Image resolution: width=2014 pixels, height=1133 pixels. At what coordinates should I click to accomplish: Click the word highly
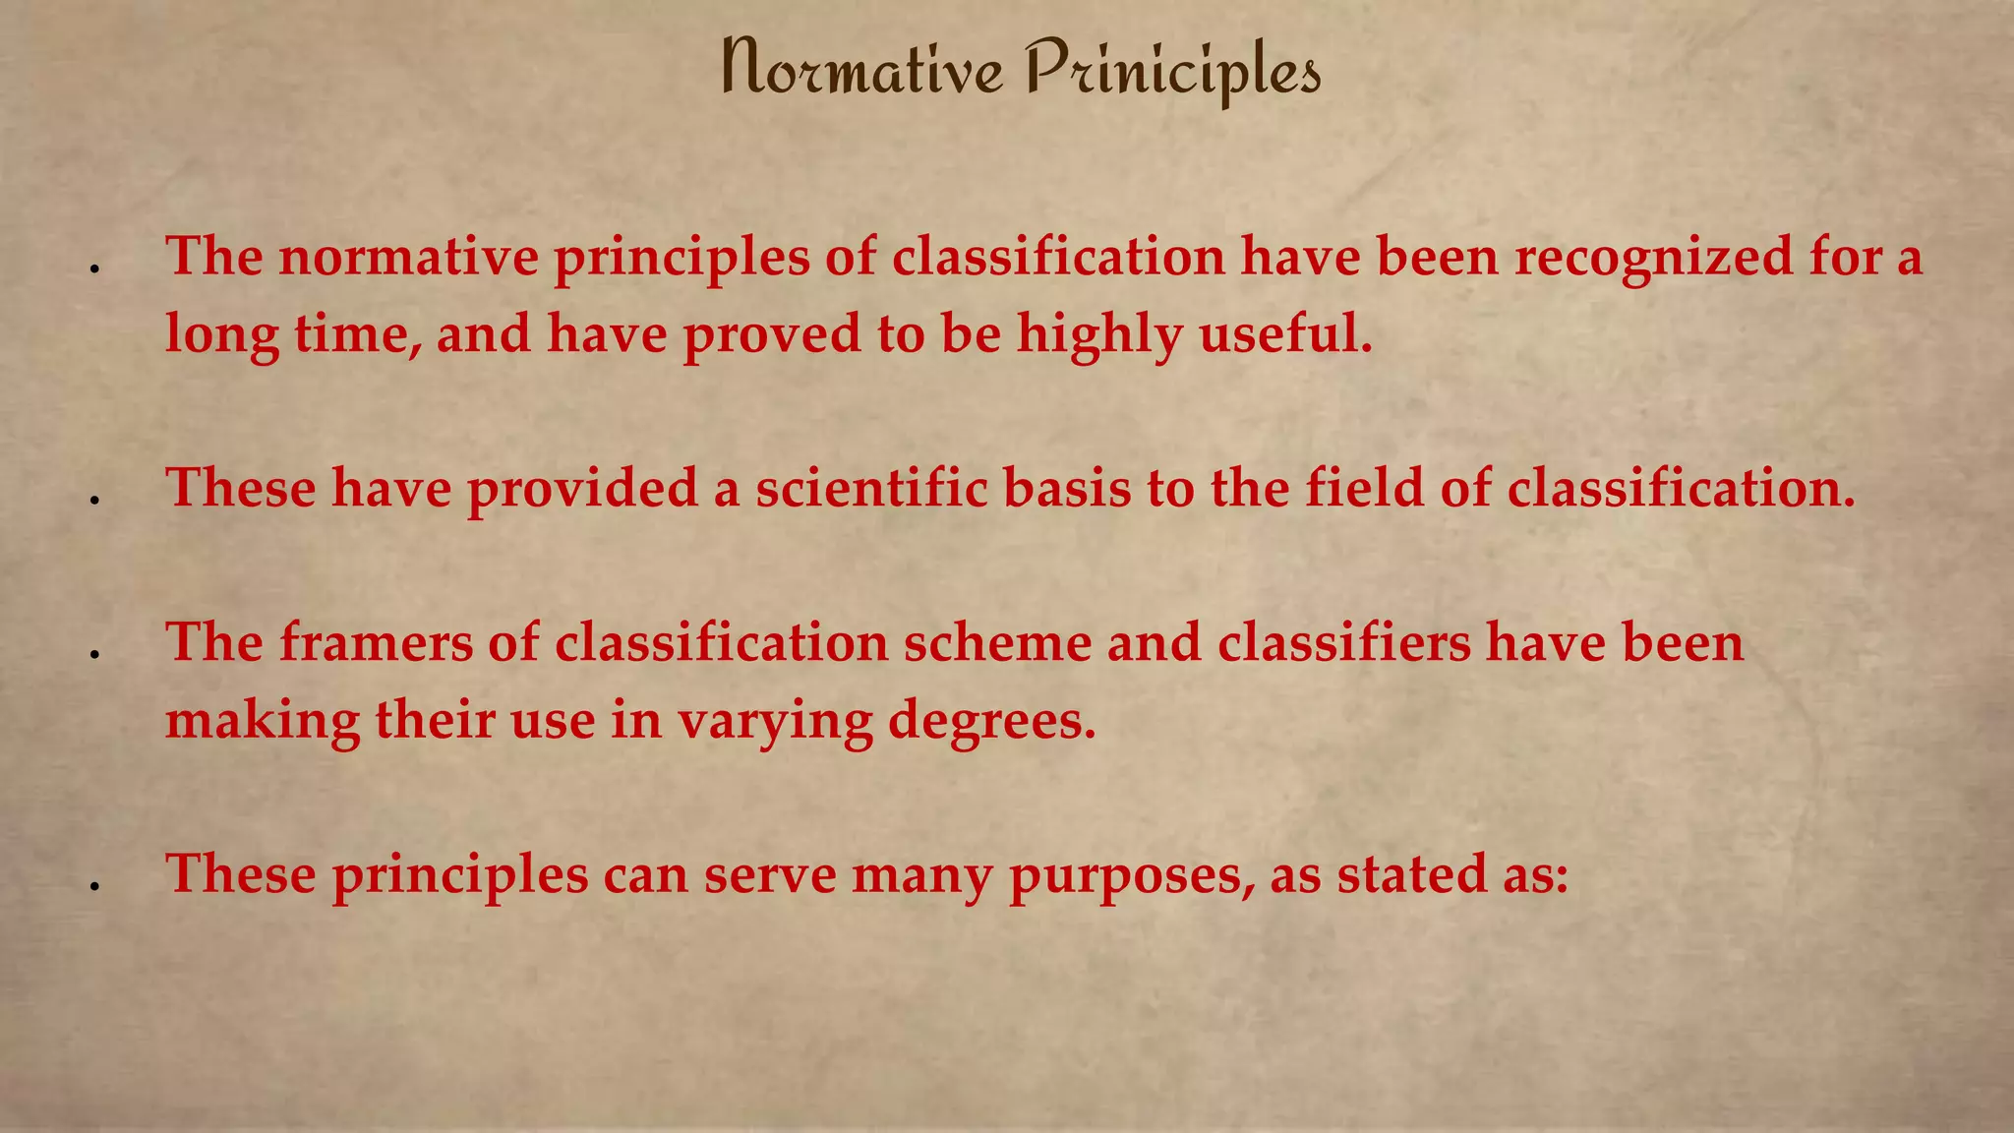point(1098,334)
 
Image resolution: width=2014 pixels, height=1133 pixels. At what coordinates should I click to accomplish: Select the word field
point(1364,488)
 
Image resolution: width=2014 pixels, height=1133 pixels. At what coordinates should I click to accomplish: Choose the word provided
point(582,488)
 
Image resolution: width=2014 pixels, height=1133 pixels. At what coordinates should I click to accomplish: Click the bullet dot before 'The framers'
point(95,654)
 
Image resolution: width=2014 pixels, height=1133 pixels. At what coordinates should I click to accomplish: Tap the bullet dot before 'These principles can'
point(95,886)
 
